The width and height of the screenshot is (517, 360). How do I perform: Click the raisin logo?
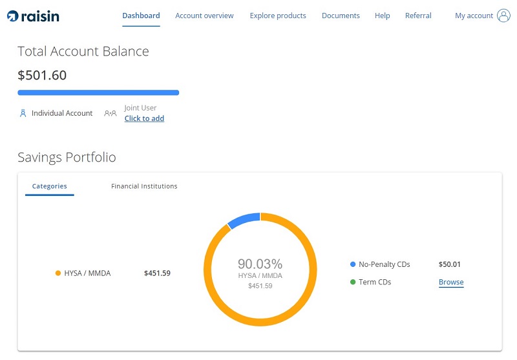[33, 16]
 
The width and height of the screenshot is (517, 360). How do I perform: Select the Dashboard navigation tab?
[141, 16]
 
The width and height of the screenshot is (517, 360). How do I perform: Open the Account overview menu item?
[204, 16]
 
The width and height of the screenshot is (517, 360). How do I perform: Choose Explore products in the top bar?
[278, 16]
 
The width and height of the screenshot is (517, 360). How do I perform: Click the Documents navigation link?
[341, 16]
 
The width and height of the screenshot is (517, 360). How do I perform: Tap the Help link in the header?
[382, 16]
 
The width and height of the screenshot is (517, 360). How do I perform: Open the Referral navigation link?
[418, 16]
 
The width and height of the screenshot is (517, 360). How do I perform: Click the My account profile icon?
[504, 16]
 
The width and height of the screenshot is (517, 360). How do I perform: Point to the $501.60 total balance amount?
[42, 75]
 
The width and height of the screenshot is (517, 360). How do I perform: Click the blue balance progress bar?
[98, 93]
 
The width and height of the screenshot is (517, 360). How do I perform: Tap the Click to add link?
[144, 118]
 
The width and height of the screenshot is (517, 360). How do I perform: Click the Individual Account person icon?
[23, 113]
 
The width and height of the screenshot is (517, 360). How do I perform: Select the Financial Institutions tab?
[144, 186]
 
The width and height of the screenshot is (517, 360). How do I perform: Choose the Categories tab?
[49, 186]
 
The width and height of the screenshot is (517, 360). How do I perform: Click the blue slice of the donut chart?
[244, 219]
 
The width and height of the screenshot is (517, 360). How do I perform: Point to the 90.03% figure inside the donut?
[260, 264]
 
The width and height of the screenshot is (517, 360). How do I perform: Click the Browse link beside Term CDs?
[451, 282]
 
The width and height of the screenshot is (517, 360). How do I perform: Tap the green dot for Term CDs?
[353, 282]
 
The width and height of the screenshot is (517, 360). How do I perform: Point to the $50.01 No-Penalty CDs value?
[449, 264]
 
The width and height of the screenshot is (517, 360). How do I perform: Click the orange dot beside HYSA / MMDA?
[58, 273]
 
